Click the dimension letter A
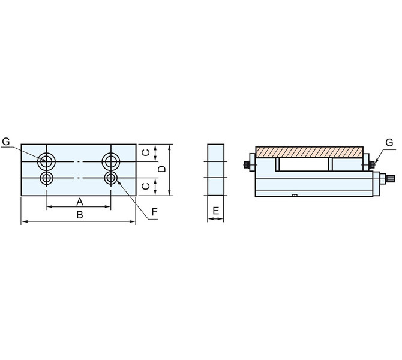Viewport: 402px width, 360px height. click(x=80, y=202)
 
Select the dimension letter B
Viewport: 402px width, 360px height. click(x=80, y=215)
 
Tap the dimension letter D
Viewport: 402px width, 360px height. click(x=162, y=169)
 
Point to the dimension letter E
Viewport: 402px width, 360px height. click(x=216, y=211)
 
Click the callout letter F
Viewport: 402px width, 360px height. click(x=154, y=212)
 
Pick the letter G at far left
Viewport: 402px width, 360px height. click(x=5, y=141)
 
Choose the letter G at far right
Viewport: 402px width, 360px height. click(x=389, y=143)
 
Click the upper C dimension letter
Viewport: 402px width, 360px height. click(x=146, y=153)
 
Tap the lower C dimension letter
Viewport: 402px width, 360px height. click(x=146, y=186)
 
